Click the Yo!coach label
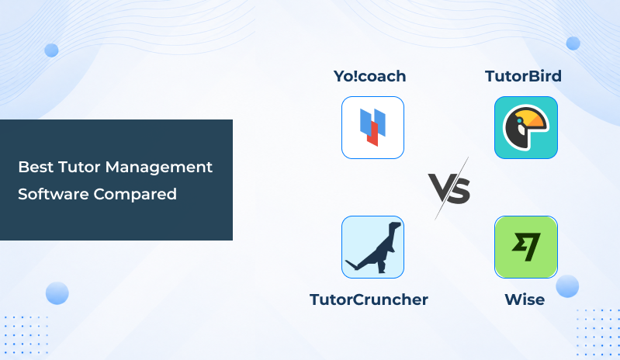369,76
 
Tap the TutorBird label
523,76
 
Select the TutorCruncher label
369,299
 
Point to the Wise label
525,299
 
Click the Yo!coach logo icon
372,128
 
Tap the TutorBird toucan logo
526,128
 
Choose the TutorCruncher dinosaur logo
372,247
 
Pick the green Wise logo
526,247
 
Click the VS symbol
449,189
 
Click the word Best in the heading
36,167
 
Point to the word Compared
135,195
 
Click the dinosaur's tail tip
347,261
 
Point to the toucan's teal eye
519,120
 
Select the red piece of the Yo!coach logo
372,134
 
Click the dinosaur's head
395,226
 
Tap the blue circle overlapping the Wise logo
567,286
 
